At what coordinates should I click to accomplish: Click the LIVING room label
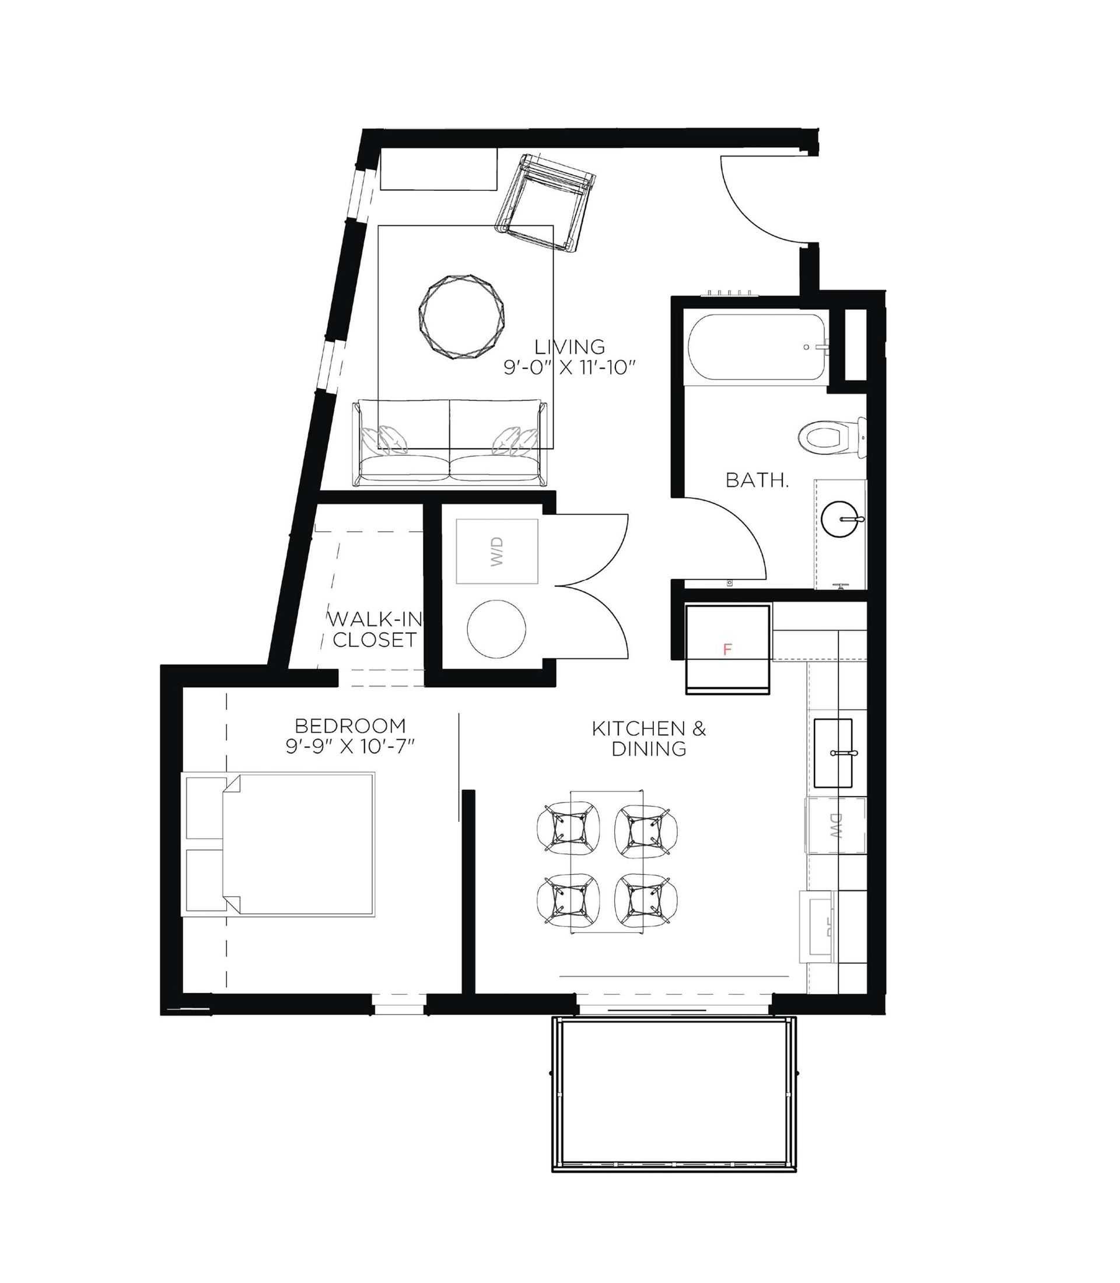(x=569, y=346)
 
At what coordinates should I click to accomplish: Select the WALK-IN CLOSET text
(x=375, y=630)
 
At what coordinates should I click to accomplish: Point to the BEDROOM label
(x=350, y=726)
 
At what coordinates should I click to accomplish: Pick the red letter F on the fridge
(x=727, y=650)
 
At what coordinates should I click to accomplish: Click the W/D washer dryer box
(x=497, y=552)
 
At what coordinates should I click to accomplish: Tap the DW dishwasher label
(x=834, y=825)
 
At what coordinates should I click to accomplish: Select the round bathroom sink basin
(x=841, y=519)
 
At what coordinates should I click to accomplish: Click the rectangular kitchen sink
(x=833, y=753)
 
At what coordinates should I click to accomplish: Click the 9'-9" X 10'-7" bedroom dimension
(x=351, y=747)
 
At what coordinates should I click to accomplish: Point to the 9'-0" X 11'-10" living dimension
(x=569, y=368)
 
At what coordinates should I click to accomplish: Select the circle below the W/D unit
(x=496, y=629)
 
